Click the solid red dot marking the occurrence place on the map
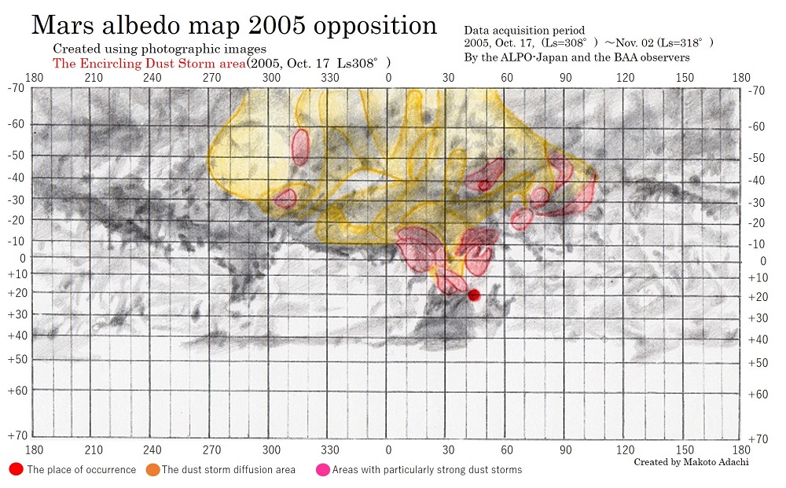click(x=474, y=295)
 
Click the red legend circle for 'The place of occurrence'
click(x=16, y=469)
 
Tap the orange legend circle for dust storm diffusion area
click(x=152, y=469)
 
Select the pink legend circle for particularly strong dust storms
click(x=322, y=469)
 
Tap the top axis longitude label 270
click(x=211, y=78)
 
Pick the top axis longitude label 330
click(x=330, y=78)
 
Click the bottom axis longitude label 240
click(x=152, y=450)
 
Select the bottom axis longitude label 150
click(x=684, y=450)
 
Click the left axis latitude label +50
click(x=17, y=358)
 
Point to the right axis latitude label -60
click(x=756, y=127)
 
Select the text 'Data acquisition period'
click(x=524, y=30)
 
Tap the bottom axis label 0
click(x=388, y=450)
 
